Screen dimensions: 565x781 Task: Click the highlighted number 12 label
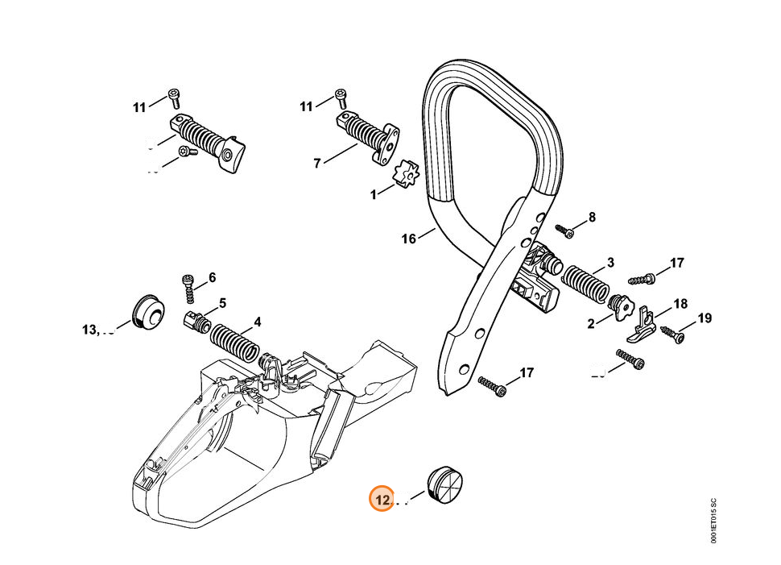[x=382, y=501]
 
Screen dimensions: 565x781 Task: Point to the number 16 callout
[x=409, y=239]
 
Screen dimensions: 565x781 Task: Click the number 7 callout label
[x=317, y=163]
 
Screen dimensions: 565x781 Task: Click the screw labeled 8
[x=566, y=231]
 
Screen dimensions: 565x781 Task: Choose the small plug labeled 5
[x=196, y=321]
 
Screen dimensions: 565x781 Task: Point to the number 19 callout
[x=705, y=319]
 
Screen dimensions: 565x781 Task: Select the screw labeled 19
[x=671, y=332]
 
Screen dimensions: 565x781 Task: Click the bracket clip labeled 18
[x=642, y=326]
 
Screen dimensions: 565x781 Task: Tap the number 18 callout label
[x=680, y=304]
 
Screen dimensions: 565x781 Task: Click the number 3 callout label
[x=610, y=262]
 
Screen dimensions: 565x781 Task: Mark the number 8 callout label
[x=592, y=216]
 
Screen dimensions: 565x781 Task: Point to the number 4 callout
[x=257, y=322]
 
